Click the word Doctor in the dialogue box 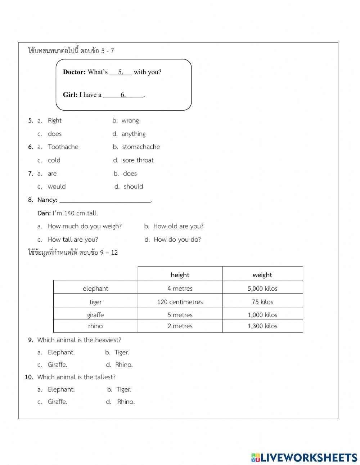coord(74,72)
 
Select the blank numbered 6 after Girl coord(123,95)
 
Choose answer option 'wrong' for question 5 coord(130,121)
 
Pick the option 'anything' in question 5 coord(133,134)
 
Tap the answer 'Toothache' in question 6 coord(63,147)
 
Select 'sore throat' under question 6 coord(138,160)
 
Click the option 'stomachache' coord(141,147)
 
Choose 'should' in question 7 coord(133,187)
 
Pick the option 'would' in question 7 coord(57,187)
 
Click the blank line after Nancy coord(105,200)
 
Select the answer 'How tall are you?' coord(73,240)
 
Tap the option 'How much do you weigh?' coord(85,227)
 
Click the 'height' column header coord(180,275)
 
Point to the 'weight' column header coord(262,275)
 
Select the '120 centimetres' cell coord(180,302)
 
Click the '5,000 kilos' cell coord(262,289)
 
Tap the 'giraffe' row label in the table coord(95,315)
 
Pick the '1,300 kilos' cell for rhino coord(262,326)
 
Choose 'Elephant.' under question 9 coord(61,353)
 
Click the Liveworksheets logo coord(304,457)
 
